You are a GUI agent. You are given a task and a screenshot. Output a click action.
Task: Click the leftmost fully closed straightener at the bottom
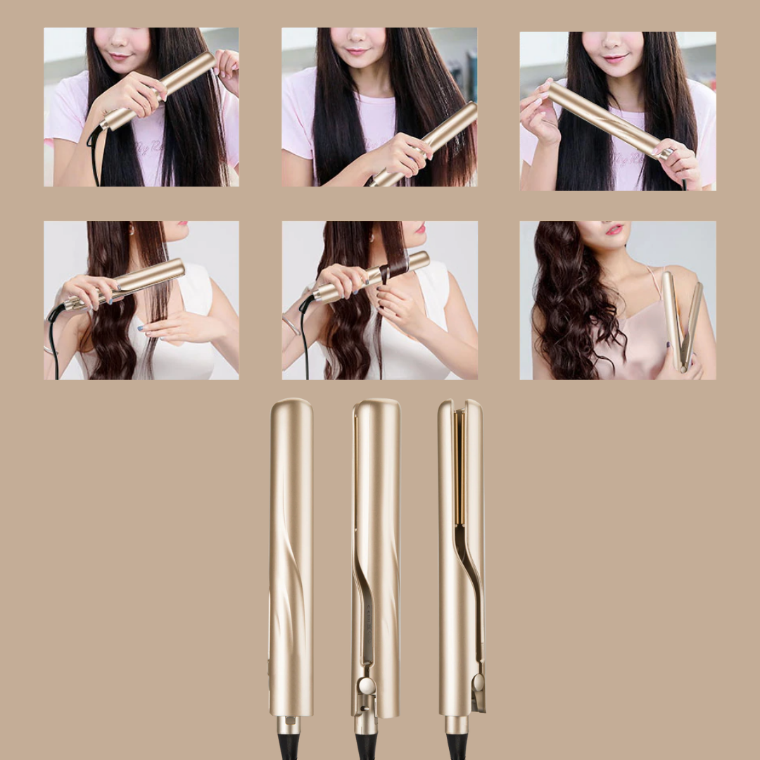(291, 556)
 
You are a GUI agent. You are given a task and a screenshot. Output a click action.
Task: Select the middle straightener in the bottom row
(376, 556)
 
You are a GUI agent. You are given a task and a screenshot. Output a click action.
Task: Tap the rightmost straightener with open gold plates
(461, 556)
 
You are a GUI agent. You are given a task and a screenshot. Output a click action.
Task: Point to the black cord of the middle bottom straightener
(366, 746)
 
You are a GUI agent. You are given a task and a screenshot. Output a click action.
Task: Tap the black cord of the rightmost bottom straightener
(457, 746)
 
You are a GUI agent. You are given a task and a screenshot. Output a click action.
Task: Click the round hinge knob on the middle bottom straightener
(366, 685)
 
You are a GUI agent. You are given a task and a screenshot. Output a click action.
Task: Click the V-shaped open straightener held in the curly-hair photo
(682, 320)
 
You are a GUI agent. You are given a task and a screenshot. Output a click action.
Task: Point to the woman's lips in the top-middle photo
(357, 51)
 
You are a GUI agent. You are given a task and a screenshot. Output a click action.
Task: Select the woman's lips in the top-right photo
(615, 59)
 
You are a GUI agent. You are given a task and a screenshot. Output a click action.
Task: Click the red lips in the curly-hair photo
(614, 230)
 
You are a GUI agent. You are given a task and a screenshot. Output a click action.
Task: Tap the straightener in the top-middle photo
(426, 144)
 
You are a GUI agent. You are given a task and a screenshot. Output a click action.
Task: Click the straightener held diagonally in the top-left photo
(158, 91)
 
